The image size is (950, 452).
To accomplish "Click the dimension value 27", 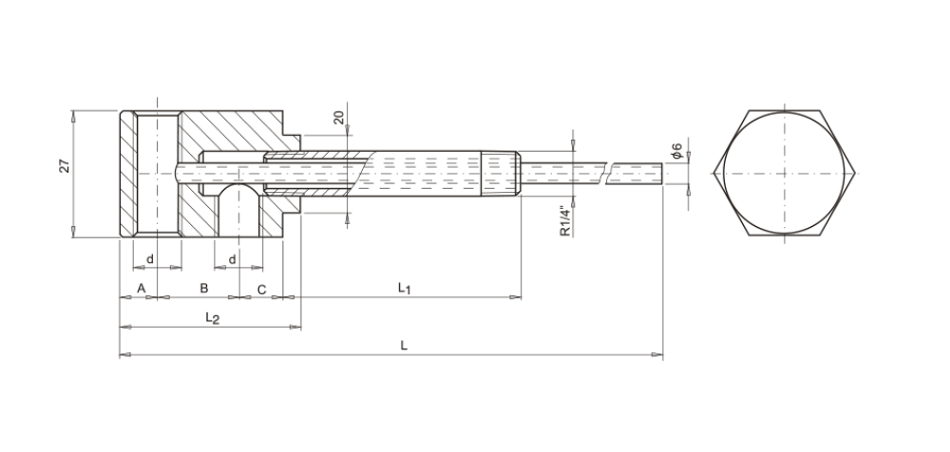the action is pyautogui.click(x=65, y=165).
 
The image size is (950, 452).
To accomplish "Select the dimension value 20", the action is pyautogui.click(x=339, y=117).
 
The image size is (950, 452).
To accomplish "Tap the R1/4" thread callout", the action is pyautogui.click(x=564, y=221).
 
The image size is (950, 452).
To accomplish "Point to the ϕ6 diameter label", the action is pyautogui.click(x=676, y=150).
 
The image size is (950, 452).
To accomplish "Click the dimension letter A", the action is pyautogui.click(x=142, y=289).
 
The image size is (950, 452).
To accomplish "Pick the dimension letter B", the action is pyautogui.click(x=204, y=289).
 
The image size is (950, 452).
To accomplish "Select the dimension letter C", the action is pyautogui.click(x=262, y=290).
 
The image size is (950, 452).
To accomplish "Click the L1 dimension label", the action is pyautogui.click(x=404, y=288).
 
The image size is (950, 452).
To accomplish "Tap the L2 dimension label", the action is pyautogui.click(x=212, y=317).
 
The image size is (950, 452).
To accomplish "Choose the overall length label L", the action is pyautogui.click(x=404, y=346).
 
